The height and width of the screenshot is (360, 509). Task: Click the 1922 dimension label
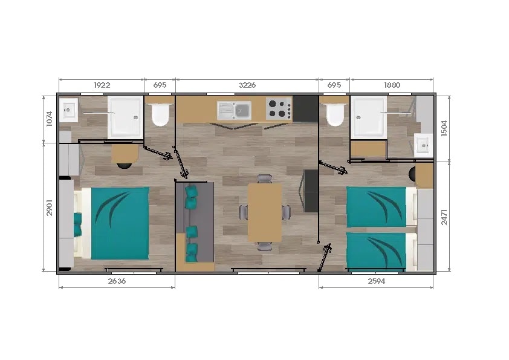(102, 85)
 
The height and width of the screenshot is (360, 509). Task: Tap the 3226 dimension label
(247, 85)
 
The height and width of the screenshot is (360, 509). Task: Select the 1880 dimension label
(392, 85)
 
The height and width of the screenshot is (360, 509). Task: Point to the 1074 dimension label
(50, 119)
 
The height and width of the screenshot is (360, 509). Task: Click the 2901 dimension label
(50, 208)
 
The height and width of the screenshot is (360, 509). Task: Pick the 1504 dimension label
(444, 128)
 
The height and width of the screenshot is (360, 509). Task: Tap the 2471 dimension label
(444, 217)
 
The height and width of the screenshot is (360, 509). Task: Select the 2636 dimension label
(117, 281)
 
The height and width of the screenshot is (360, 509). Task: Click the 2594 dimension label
(377, 281)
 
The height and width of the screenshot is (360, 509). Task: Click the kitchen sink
(234, 111)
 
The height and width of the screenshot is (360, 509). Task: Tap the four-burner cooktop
(279, 108)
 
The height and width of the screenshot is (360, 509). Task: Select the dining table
(265, 213)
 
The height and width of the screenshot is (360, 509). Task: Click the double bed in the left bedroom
(112, 223)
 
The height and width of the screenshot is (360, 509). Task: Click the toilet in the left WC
(160, 115)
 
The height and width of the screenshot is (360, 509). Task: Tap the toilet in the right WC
(335, 115)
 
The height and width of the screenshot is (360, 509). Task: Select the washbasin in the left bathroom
(68, 110)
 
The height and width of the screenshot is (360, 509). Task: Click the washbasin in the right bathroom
(424, 146)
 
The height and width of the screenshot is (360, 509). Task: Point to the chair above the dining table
(265, 178)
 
